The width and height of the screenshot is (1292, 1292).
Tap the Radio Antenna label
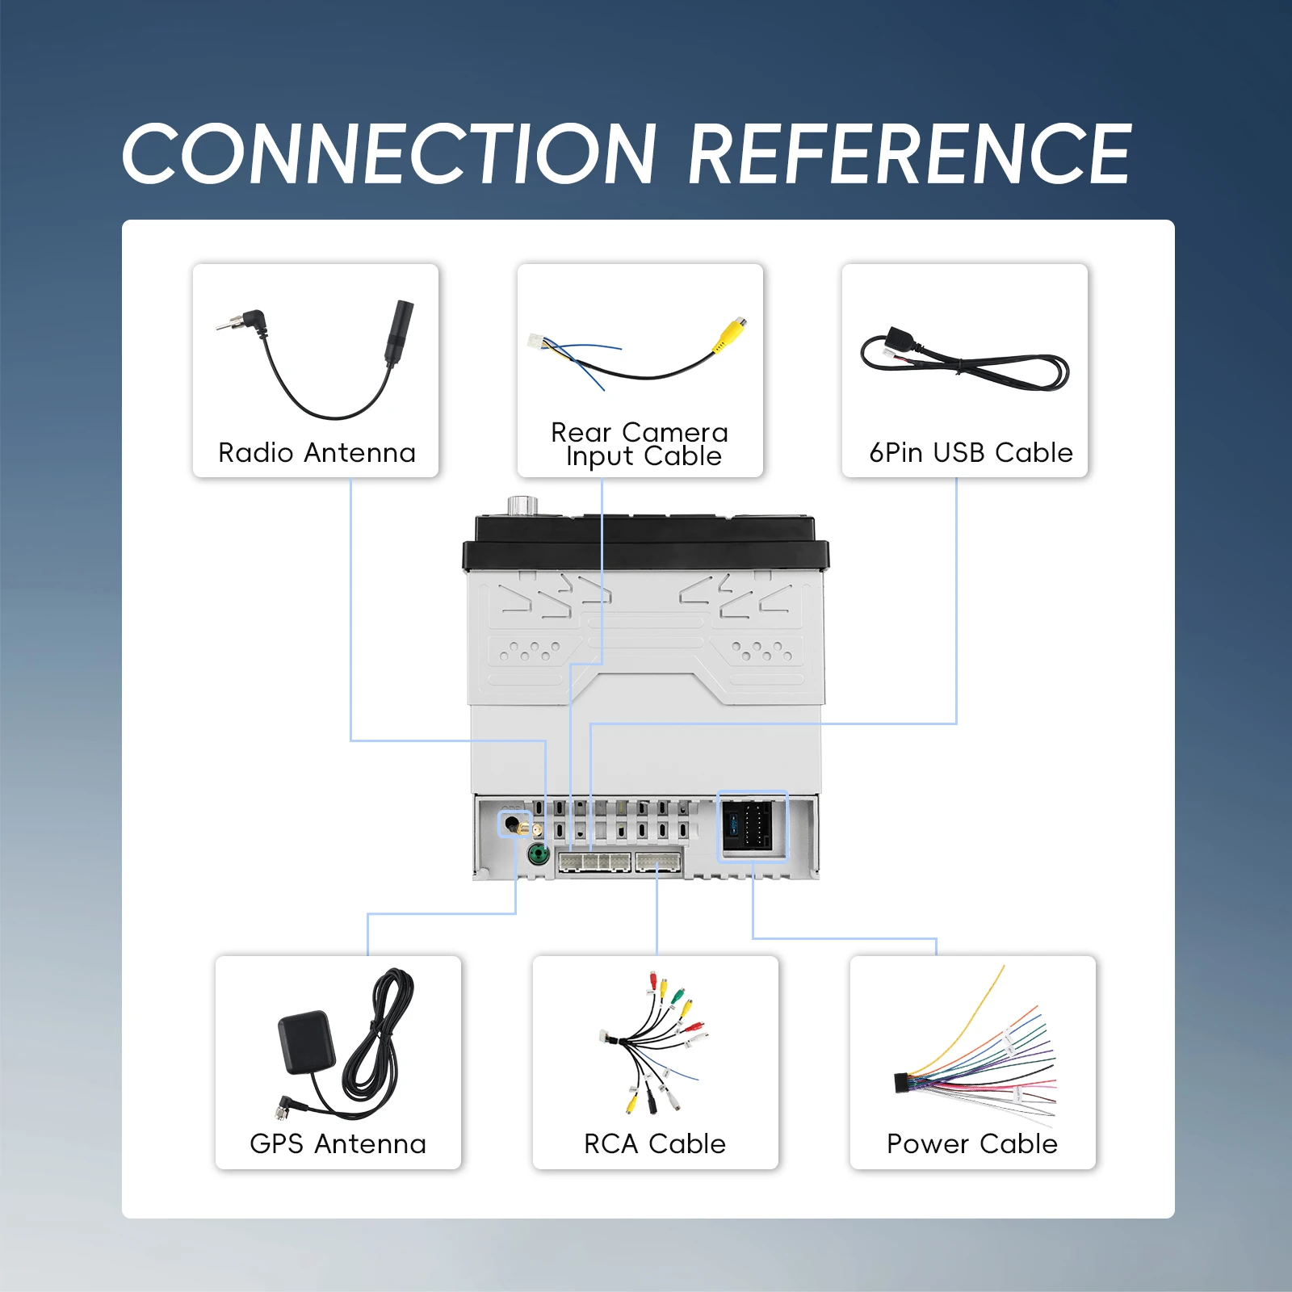coord(317,453)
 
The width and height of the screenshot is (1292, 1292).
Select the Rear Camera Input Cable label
coord(640,444)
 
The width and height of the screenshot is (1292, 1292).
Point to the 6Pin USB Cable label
coord(971,453)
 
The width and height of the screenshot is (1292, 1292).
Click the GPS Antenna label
coord(338,1144)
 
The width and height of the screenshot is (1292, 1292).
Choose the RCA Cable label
coord(655,1144)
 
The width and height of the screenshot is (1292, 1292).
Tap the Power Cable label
coord(972,1144)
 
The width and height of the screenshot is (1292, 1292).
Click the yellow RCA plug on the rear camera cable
coord(730,333)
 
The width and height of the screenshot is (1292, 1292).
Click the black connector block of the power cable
coord(902,1083)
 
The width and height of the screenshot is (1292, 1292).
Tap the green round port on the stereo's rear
coord(538,854)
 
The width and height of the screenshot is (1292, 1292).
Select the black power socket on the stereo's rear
coord(748,824)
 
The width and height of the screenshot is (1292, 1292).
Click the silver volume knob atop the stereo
coord(522,505)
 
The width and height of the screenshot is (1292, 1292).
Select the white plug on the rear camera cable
coord(537,342)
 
